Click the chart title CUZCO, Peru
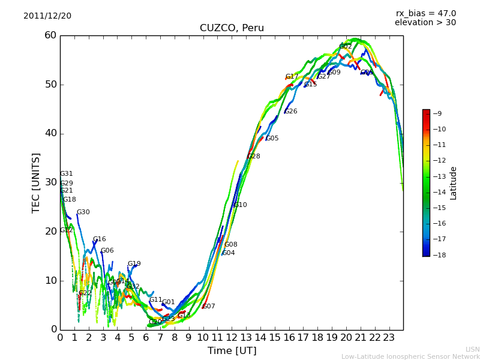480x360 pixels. (x=232, y=28)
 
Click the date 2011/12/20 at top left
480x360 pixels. (x=47, y=16)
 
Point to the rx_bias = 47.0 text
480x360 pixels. (x=426, y=13)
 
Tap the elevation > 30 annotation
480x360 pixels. (x=425, y=23)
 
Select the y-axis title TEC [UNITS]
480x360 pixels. (x=36, y=182)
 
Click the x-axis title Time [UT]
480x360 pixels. (x=232, y=350)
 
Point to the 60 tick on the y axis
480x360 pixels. (x=50, y=35)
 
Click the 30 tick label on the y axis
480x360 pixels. (x=50, y=182)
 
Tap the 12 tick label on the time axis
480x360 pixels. (x=232, y=337)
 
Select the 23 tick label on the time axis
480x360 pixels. (x=389, y=337)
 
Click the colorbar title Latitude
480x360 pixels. (x=454, y=183)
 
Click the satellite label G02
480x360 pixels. (x=346, y=46)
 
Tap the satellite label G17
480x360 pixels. (x=292, y=77)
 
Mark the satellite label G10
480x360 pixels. (x=240, y=205)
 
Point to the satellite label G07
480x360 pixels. (x=208, y=307)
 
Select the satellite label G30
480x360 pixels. (x=83, y=212)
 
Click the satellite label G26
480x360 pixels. (x=290, y=112)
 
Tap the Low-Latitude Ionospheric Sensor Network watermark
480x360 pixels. (x=410, y=356)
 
